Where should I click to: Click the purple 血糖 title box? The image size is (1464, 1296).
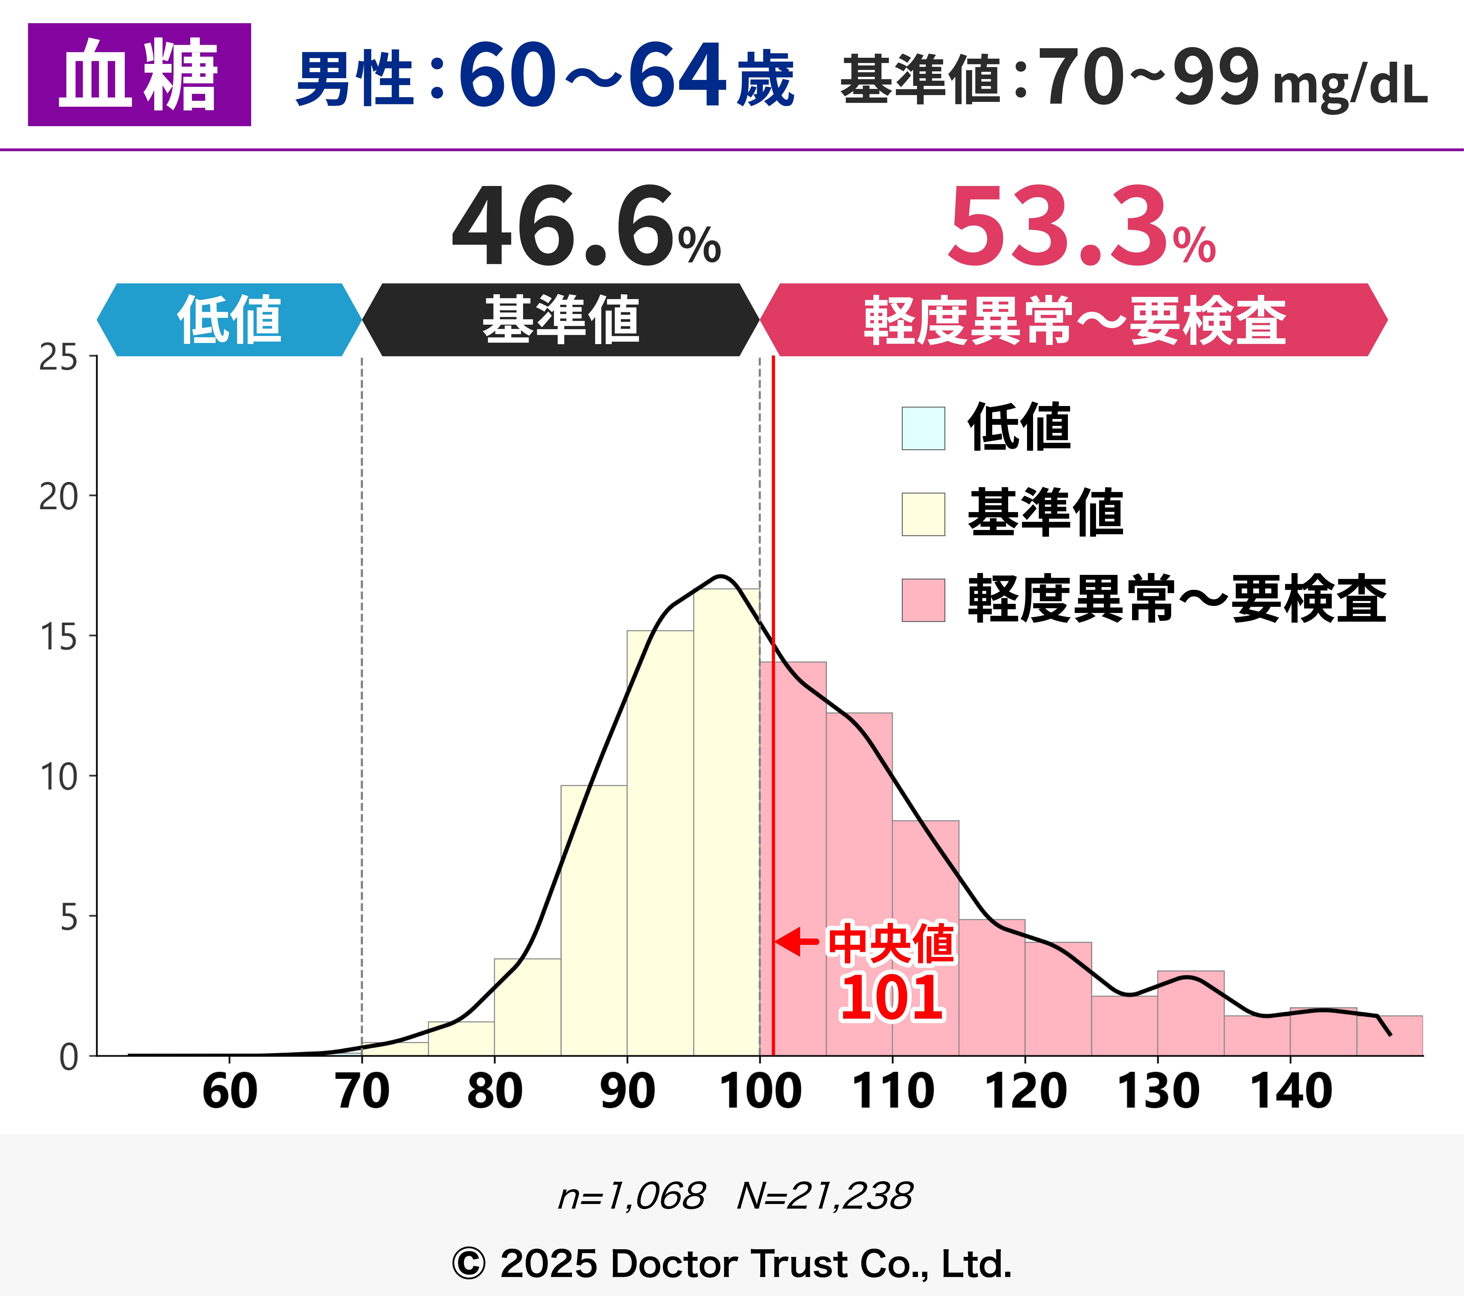139,74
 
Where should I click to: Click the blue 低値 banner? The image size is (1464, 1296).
229,319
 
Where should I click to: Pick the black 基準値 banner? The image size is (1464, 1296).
561,319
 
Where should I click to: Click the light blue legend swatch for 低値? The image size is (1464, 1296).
923,428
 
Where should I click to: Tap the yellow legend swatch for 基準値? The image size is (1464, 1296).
923,514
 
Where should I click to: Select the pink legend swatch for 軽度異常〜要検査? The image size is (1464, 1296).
923,600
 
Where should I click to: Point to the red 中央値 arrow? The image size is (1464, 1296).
796,942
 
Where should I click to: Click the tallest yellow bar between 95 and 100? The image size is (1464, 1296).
726,823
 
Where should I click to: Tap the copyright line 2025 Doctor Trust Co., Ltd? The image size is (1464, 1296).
732,1264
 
